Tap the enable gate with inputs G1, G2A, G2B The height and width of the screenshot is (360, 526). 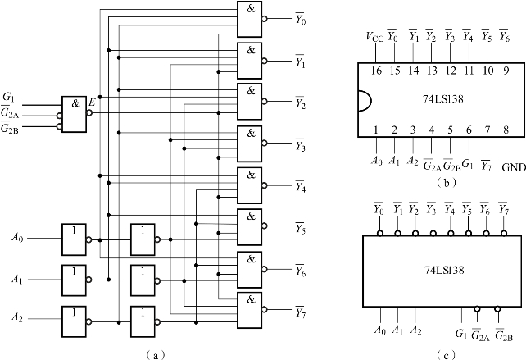click(75, 112)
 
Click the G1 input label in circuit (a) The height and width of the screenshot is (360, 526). click(9, 97)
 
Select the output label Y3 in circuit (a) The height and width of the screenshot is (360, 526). click(302, 146)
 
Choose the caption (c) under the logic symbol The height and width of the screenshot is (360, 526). click(440, 353)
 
